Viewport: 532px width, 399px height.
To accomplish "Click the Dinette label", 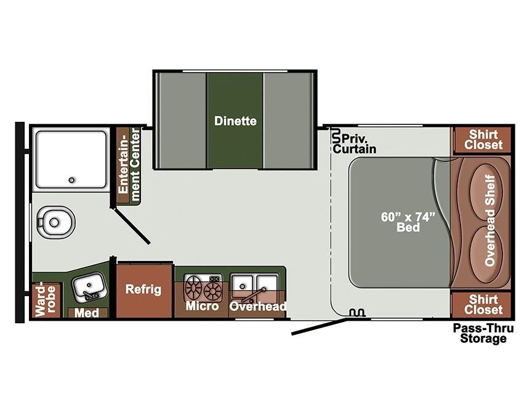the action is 235,121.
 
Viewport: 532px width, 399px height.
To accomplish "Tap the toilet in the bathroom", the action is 55,222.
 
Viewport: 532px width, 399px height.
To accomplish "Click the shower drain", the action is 71,180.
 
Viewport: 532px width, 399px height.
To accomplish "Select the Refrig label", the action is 143,289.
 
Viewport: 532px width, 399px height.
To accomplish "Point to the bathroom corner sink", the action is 89,287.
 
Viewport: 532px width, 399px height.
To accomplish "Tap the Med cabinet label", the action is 87,312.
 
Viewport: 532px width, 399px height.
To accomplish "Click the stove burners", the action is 204,288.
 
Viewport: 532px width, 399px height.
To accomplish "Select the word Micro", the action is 202,306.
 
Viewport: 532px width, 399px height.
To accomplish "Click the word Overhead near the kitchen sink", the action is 257,307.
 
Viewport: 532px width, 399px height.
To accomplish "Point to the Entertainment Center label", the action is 129,164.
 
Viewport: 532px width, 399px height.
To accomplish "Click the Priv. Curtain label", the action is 355,144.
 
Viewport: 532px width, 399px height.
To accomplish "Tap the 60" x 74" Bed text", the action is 408,222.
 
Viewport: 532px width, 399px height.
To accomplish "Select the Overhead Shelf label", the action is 490,220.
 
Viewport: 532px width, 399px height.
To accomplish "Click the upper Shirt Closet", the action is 483,139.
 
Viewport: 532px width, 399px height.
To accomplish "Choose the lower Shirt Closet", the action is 483,305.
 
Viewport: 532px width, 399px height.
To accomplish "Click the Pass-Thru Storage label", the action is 483,334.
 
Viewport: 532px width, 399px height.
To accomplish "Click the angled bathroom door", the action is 132,227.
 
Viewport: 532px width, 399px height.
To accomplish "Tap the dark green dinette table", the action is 235,121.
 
